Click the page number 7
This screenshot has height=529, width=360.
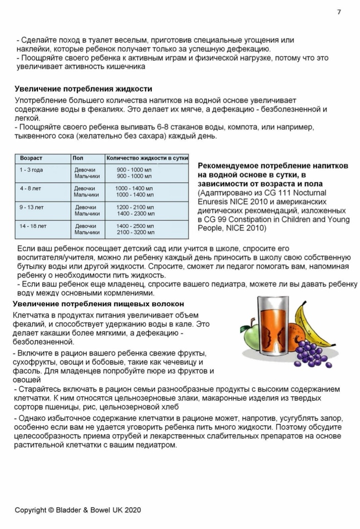(x=339, y=12)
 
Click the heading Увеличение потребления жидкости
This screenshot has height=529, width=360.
(x=83, y=88)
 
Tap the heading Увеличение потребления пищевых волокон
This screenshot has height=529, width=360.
(x=98, y=304)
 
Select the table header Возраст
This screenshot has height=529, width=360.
(x=31, y=158)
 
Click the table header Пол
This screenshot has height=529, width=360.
(x=78, y=158)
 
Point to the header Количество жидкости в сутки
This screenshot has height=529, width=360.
(x=147, y=158)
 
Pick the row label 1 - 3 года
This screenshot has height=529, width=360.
(x=31, y=170)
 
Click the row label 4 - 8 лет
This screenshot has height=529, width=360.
(x=30, y=188)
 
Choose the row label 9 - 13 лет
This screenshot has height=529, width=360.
(x=32, y=207)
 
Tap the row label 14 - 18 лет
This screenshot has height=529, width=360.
(x=33, y=226)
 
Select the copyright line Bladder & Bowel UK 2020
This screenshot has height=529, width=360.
(x=77, y=510)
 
